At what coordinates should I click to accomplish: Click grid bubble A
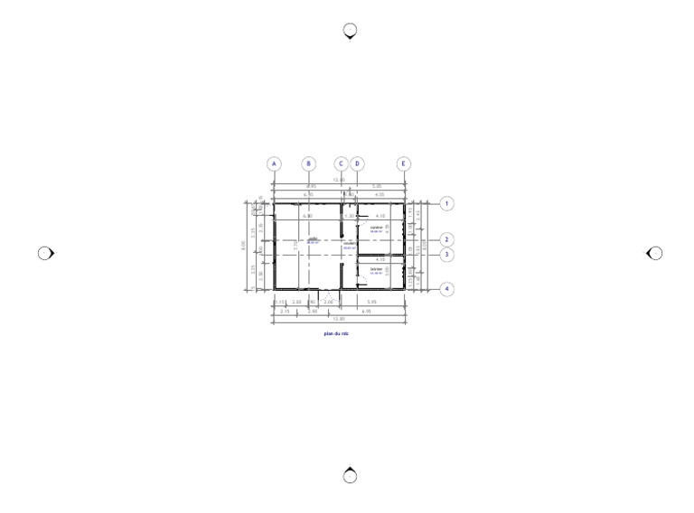(x=274, y=164)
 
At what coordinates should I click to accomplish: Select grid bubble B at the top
(x=309, y=164)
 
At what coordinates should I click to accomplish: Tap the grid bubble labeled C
(x=341, y=164)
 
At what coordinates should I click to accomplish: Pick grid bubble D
(x=358, y=164)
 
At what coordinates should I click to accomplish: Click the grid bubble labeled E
(x=403, y=164)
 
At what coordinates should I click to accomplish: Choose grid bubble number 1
(x=446, y=204)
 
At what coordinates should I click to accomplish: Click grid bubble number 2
(x=446, y=240)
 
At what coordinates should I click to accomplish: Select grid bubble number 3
(x=446, y=255)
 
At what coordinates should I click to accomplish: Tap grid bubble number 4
(x=446, y=289)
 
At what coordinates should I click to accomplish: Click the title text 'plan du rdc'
(x=336, y=333)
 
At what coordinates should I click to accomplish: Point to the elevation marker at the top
(x=351, y=31)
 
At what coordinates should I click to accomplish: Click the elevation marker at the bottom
(x=351, y=476)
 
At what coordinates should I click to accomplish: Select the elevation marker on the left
(x=45, y=253)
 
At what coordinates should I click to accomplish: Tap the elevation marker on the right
(x=655, y=253)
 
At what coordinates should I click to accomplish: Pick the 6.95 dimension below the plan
(x=367, y=311)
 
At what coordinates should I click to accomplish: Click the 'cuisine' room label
(x=377, y=228)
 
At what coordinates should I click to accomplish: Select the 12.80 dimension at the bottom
(x=339, y=319)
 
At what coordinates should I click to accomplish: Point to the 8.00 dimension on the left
(x=243, y=245)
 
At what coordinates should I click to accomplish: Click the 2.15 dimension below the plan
(x=285, y=311)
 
